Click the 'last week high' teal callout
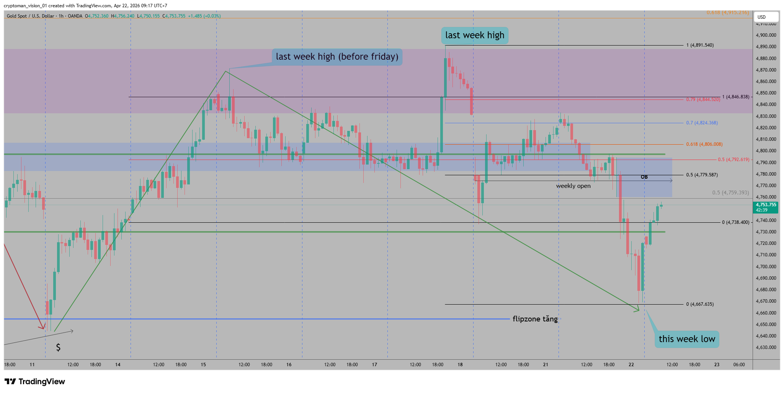pos(475,36)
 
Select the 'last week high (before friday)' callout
pos(337,57)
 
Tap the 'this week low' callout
pos(687,339)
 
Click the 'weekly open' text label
pos(573,186)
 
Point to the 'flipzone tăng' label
pos(535,319)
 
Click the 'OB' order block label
pos(644,177)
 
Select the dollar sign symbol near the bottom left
pos(58,347)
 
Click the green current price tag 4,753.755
pos(766,207)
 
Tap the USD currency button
pos(766,17)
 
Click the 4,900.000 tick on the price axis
pos(766,35)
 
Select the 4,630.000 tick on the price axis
pos(766,347)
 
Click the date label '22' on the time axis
pos(631,365)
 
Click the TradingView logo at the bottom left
pos(35,382)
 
